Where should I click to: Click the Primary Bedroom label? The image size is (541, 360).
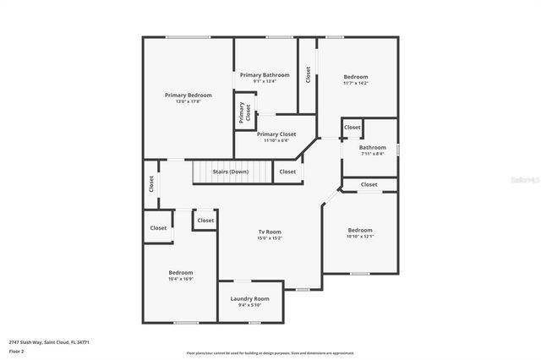point(188,95)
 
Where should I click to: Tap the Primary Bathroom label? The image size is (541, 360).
point(265,75)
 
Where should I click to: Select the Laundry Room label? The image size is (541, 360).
point(249,298)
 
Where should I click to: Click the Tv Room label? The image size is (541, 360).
point(270,232)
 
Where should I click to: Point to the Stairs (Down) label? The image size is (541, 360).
point(231,172)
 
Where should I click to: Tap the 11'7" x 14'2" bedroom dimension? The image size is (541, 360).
point(356,83)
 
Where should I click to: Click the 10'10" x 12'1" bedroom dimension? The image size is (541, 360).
point(360,237)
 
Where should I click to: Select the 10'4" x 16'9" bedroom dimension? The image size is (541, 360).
point(181,278)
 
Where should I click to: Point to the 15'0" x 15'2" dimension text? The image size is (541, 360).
point(270,238)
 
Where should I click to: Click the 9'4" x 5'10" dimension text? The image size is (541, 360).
point(249,305)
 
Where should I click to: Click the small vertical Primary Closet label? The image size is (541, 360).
point(243,112)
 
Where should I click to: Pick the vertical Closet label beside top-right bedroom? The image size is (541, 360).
point(309,74)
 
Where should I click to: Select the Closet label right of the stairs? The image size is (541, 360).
point(287,172)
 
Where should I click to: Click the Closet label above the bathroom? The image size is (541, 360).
point(352,128)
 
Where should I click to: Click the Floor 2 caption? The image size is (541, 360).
point(16,350)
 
